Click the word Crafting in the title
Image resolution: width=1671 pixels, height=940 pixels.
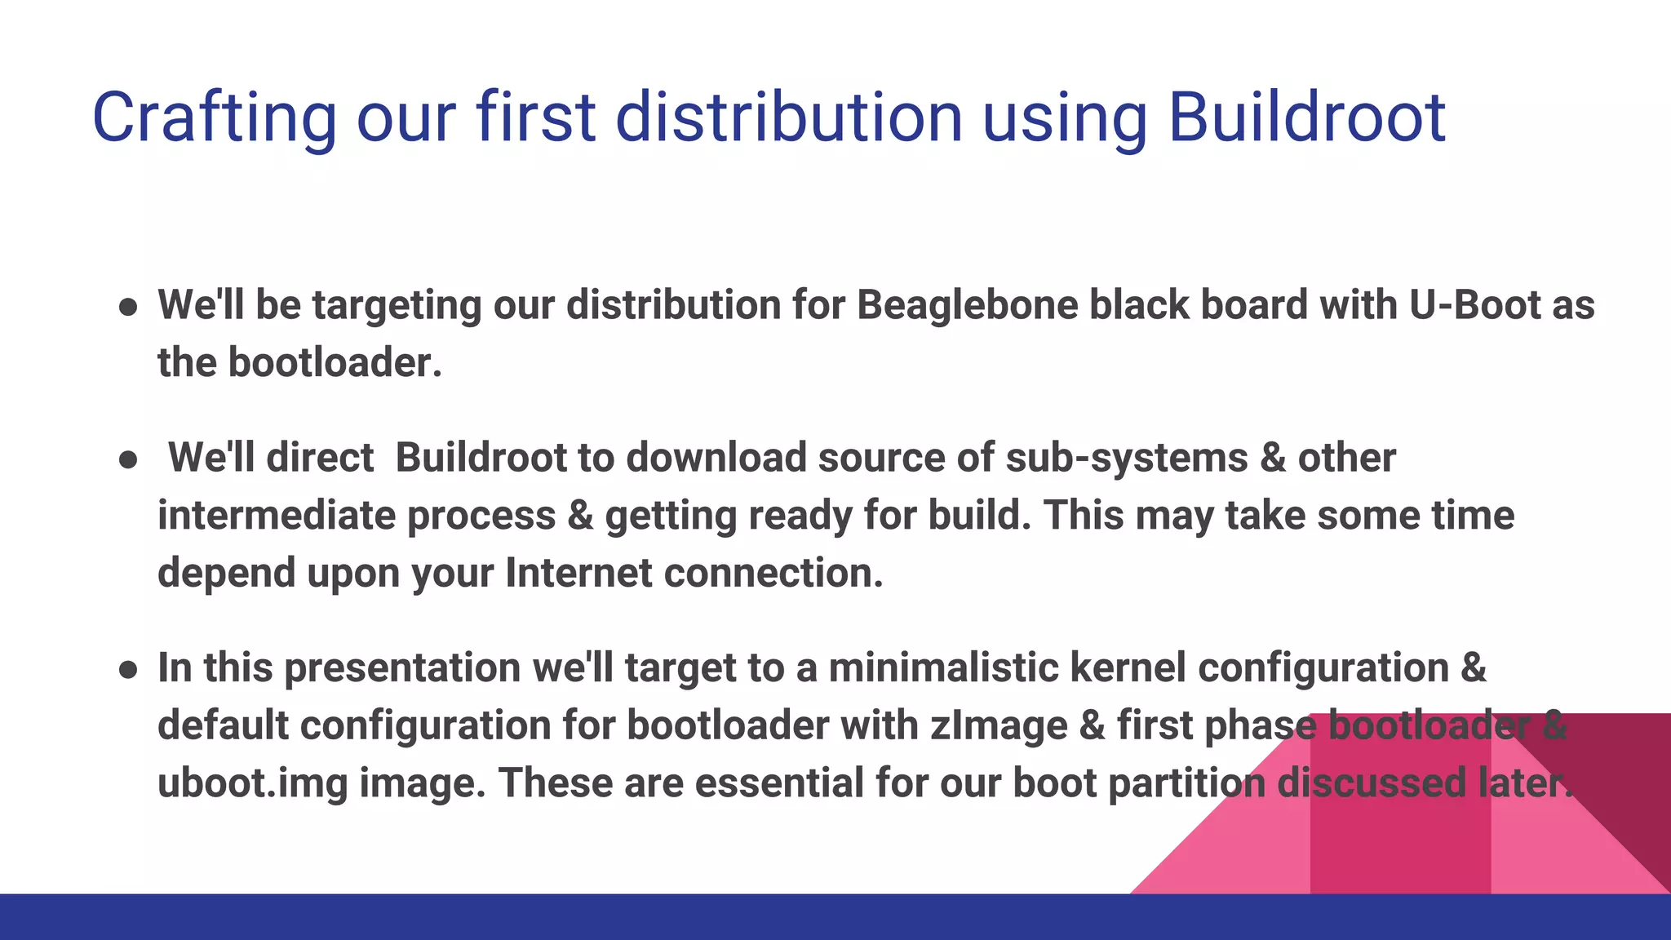pyautogui.click(x=214, y=119)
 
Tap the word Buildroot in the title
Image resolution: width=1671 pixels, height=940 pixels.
pyautogui.click(x=1307, y=117)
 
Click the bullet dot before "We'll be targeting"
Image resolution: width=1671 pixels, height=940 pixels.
pyautogui.click(x=128, y=308)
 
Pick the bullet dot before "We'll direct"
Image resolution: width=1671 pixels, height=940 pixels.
pyautogui.click(x=128, y=460)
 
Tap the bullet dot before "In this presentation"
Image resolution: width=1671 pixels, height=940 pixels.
pyautogui.click(x=128, y=671)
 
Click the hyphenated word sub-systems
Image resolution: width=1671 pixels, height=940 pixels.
pyautogui.click(x=1127, y=457)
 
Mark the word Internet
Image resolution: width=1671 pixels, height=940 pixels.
pyautogui.click(x=578, y=573)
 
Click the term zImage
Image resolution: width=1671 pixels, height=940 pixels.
pyautogui.click(x=999, y=725)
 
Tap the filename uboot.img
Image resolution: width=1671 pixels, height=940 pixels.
pyautogui.click(x=252, y=783)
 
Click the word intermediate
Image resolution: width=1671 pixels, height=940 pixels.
pyautogui.click(x=277, y=516)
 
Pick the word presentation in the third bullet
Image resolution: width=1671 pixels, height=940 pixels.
pyautogui.click(x=402, y=669)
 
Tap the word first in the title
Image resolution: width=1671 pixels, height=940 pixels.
pyautogui.click(x=536, y=117)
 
